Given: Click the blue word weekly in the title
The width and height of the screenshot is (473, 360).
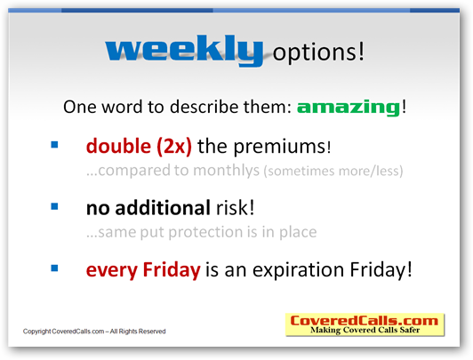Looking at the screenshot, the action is (184, 50).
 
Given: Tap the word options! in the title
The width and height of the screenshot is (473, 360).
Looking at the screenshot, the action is (318, 52).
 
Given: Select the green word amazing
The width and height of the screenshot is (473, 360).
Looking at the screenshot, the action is (349, 108).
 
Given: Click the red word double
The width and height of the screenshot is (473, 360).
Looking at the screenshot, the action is (118, 146).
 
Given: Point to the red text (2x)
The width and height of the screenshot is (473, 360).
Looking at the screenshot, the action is (174, 147).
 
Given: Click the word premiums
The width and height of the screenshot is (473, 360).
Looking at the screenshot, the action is (280, 148).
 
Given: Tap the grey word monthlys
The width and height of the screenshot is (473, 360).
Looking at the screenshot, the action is (226, 171).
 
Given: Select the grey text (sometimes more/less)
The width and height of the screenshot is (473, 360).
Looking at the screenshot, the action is (333, 171).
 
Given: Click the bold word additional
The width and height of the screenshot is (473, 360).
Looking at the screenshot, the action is (163, 208).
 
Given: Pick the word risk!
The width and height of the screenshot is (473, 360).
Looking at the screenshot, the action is (236, 208).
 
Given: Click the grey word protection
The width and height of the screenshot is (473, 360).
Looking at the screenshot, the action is (205, 233).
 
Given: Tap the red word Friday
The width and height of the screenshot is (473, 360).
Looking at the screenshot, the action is (172, 269).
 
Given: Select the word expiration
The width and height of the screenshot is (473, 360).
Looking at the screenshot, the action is (298, 270).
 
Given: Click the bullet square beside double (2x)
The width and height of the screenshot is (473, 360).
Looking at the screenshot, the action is (54, 145).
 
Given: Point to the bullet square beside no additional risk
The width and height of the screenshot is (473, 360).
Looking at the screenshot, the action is (54, 206).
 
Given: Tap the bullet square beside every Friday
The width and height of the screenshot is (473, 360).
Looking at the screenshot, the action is (54, 268).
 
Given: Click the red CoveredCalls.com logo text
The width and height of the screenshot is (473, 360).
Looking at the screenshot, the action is (365, 321).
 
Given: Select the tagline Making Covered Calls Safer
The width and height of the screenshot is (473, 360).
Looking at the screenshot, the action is (365, 330).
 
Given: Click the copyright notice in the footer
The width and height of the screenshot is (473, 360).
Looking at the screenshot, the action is (94, 332).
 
